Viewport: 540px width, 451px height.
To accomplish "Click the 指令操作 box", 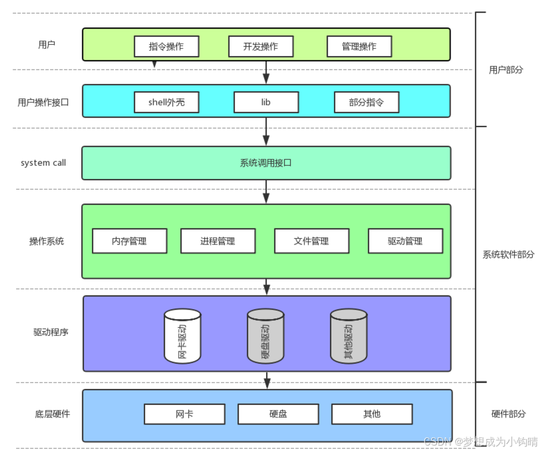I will click(x=166, y=47).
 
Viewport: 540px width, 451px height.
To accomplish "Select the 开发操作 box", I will click(x=261, y=47).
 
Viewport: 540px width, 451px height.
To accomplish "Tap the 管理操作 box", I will click(x=359, y=47).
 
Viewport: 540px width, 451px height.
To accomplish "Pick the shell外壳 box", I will click(x=166, y=102).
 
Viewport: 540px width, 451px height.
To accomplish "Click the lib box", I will click(x=266, y=102).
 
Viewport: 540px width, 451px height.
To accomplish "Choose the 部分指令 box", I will click(x=366, y=102).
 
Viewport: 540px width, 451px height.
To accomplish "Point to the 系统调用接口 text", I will click(x=266, y=163).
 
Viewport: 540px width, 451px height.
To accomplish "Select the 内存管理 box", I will click(x=129, y=241).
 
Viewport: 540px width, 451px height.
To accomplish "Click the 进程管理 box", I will click(x=218, y=241).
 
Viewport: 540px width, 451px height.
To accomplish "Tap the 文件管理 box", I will click(x=311, y=241).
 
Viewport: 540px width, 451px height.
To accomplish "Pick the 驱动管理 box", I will click(x=405, y=241).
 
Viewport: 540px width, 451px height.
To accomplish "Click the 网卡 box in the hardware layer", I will click(x=184, y=414).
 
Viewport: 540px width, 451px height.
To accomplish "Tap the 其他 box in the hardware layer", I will click(x=372, y=414).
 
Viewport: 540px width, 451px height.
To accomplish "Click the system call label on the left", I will click(x=44, y=163).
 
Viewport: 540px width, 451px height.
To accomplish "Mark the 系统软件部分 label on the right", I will click(x=508, y=255).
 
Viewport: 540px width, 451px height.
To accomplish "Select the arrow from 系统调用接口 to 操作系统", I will click(x=266, y=191).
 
